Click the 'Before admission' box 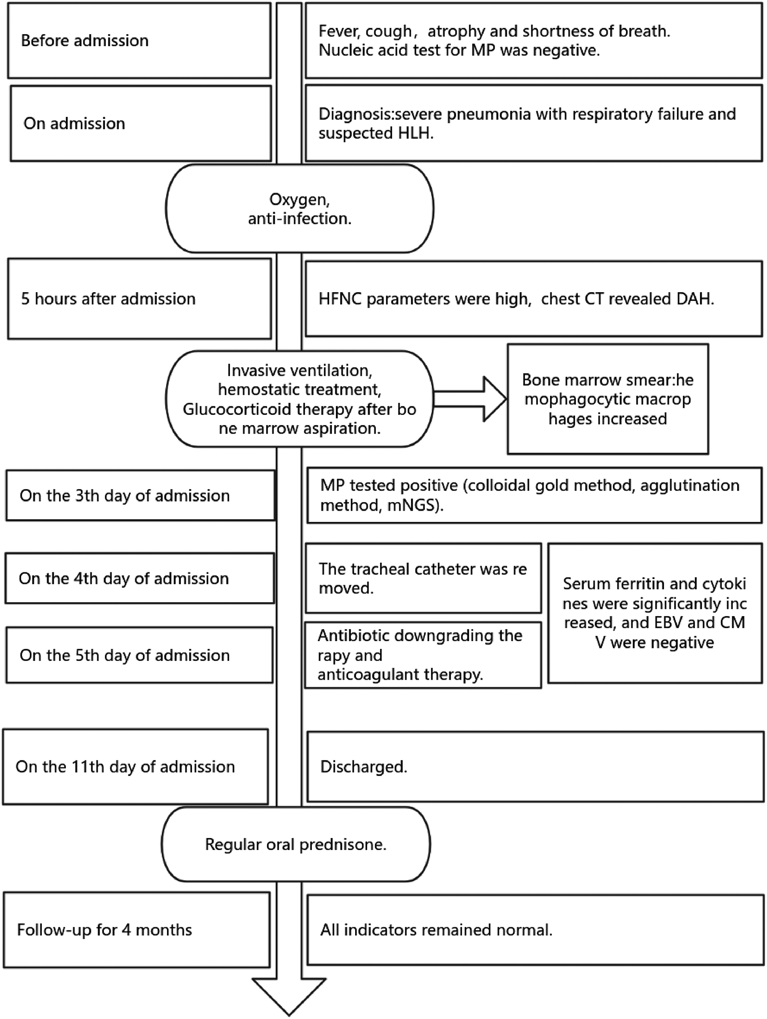(x=139, y=40)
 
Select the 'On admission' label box (x=141, y=124)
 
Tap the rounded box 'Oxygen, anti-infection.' (x=299, y=209)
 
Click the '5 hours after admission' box (x=139, y=299)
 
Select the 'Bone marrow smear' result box (x=607, y=399)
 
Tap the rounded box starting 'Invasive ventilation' (x=299, y=399)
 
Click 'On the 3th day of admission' (x=140, y=496)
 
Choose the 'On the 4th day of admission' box (x=139, y=579)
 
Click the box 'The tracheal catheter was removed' (x=423, y=579)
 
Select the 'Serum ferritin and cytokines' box (x=654, y=613)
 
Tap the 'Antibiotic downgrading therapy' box (x=423, y=655)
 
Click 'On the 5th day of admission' (x=139, y=656)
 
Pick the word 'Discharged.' (x=363, y=767)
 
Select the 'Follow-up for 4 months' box (x=136, y=929)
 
